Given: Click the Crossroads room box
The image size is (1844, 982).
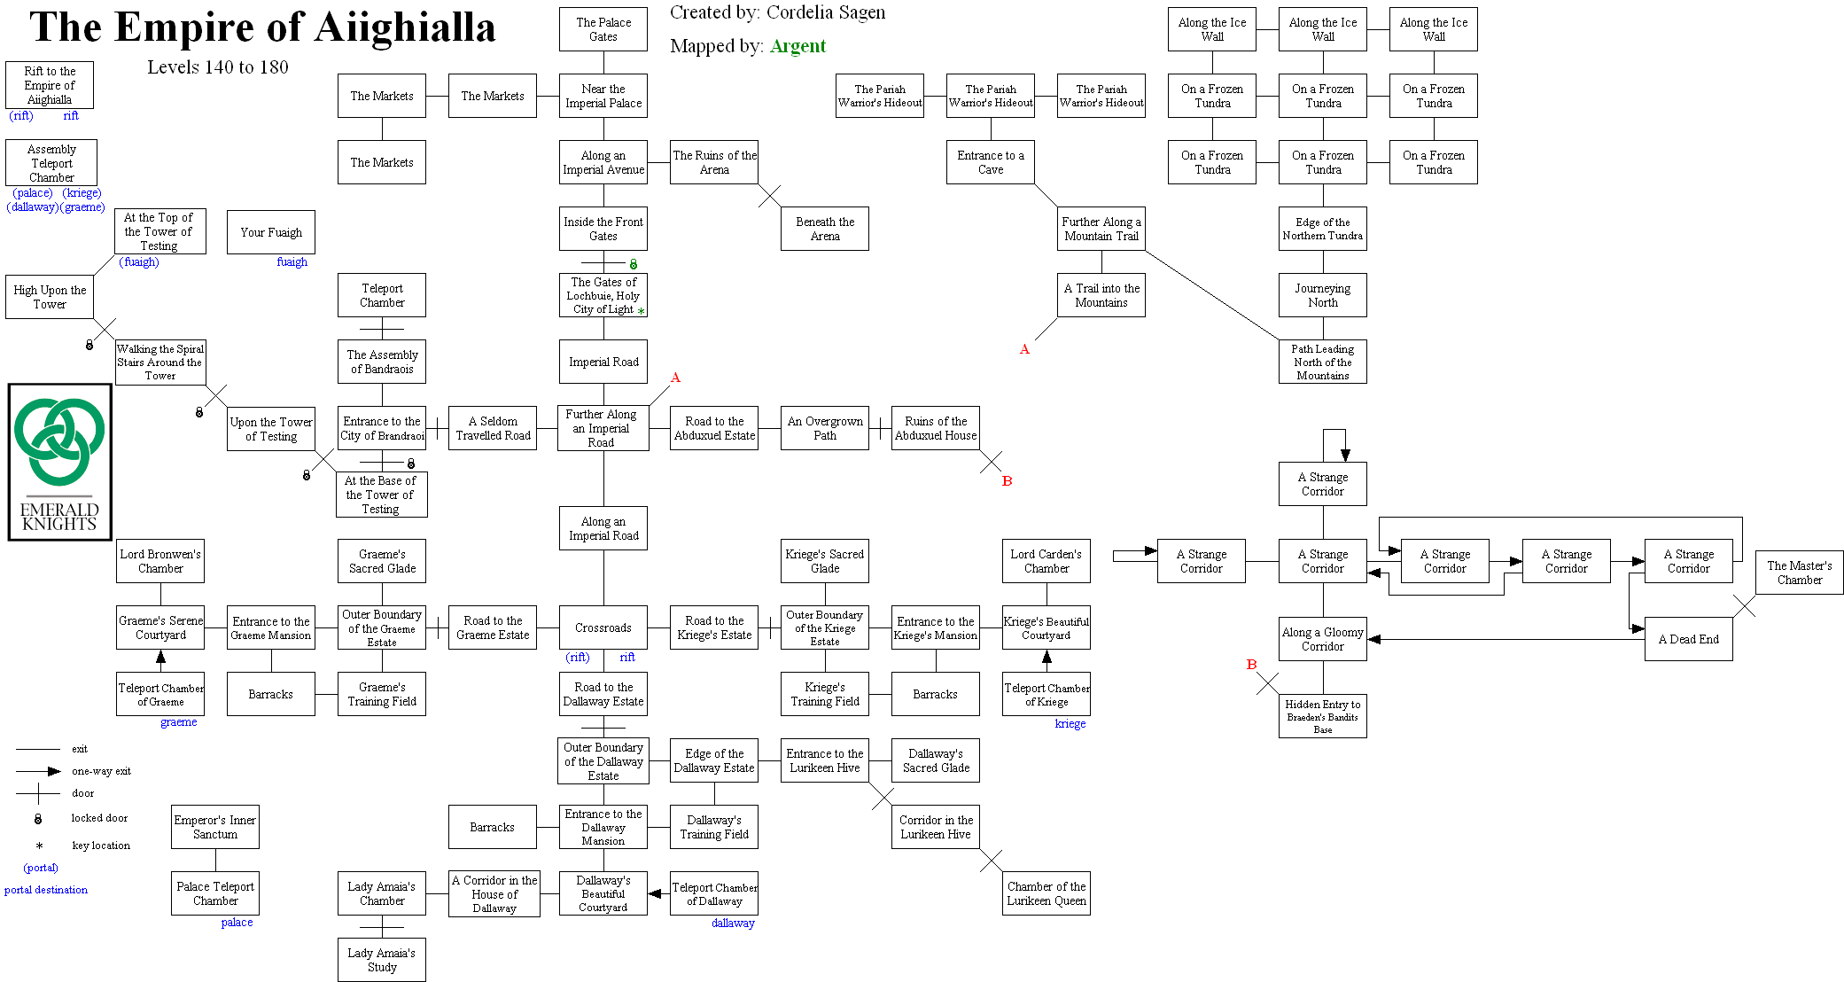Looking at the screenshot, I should pos(603,627).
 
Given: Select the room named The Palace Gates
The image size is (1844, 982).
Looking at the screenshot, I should pos(603,29).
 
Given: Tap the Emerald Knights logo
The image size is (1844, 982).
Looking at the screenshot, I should pos(60,462).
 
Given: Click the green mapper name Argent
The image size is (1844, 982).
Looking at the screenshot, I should pos(798,46).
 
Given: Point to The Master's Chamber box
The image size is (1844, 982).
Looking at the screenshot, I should pos(1799,573).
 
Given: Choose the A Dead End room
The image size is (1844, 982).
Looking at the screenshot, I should pos(1688,639).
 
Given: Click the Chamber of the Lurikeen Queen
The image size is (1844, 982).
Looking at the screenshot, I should pos(1046,893).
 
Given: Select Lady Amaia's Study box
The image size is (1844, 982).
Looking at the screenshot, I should pos(382,960).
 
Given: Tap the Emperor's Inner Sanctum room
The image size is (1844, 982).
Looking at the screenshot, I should pos(215,827).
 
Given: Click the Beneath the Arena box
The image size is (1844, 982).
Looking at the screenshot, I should pos(825,229).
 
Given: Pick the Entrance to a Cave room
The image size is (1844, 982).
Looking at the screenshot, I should pos(991,162).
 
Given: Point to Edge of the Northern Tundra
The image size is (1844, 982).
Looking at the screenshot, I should pos(1322,229).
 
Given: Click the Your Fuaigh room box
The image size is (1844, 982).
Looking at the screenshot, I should pos(271,232).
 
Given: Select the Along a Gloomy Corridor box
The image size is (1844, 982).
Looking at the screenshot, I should pos(1322,639).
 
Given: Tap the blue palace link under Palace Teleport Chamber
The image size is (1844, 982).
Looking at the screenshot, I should pos(237,923).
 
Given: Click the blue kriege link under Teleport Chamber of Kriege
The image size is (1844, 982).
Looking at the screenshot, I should pos(1070,724).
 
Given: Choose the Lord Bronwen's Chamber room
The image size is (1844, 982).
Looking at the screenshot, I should pos(160,561).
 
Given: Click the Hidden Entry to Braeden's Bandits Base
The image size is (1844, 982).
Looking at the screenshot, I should pos(1322,716).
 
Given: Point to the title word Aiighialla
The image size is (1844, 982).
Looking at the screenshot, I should pos(405,27).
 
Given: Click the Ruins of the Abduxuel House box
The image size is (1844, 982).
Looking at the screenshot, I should pos(936,428).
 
